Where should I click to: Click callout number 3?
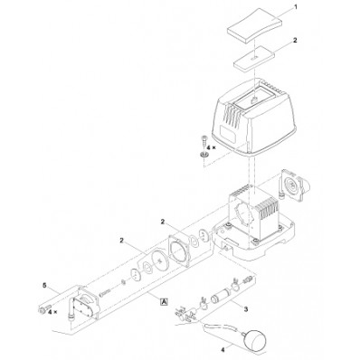244,308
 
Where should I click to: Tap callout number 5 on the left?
42,287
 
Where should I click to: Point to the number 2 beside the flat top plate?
294,42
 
